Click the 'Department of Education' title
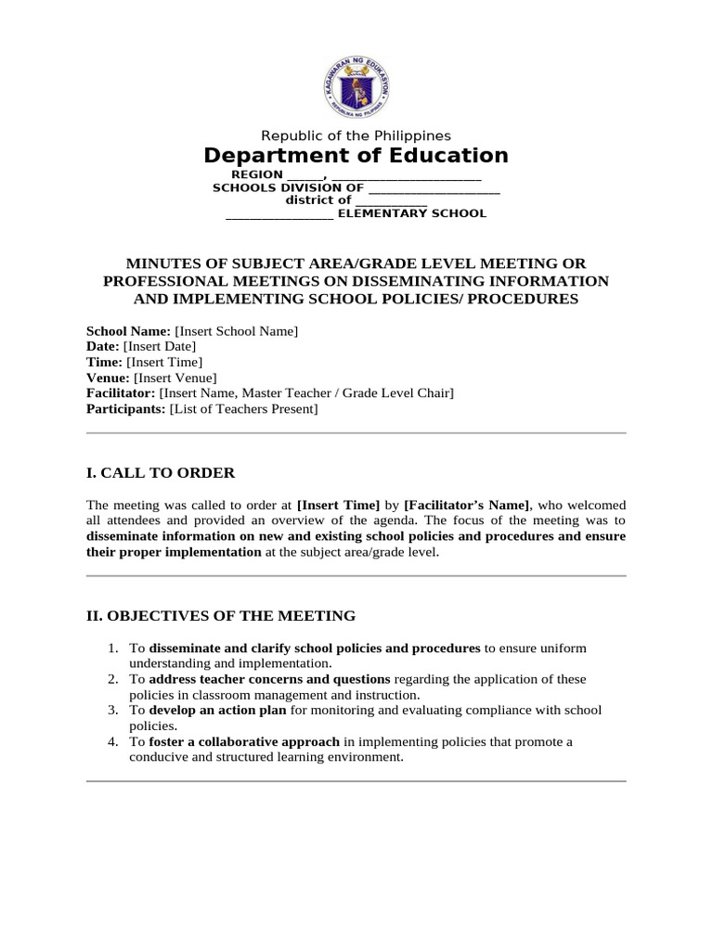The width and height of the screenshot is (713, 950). [x=356, y=156]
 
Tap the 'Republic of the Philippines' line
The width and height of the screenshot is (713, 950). [x=356, y=135]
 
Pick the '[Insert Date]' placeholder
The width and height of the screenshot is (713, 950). [x=159, y=347]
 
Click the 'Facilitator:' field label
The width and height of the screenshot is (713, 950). [x=122, y=394]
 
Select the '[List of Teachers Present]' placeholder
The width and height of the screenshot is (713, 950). [x=243, y=410]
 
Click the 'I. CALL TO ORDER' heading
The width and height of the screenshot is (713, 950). [x=161, y=473]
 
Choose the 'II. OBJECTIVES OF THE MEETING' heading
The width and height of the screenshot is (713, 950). [x=221, y=615]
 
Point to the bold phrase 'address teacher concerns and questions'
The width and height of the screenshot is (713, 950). [x=269, y=679]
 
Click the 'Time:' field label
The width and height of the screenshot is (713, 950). [x=104, y=363]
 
